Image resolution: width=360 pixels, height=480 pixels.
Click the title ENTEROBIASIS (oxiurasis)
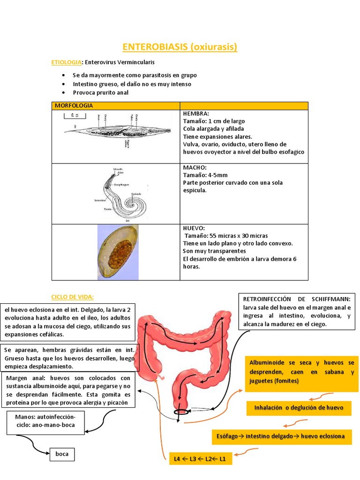tap(180, 47)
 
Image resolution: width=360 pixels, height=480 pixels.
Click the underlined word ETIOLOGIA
tap(66, 62)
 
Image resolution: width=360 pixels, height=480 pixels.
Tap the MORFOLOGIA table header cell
tap(74, 105)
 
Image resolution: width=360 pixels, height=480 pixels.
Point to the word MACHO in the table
tap(193, 167)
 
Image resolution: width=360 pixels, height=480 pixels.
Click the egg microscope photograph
tap(118, 252)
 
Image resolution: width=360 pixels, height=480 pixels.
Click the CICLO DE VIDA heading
tap(72, 297)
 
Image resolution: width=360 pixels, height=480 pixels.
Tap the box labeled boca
tap(62, 454)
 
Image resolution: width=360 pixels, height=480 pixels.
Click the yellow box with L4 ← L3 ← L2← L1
tap(200, 458)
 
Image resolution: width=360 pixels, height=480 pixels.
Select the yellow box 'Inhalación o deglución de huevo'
tap(299, 408)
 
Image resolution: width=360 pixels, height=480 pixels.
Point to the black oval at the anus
tap(182, 412)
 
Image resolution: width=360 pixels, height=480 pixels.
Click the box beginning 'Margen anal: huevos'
tap(68, 390)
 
